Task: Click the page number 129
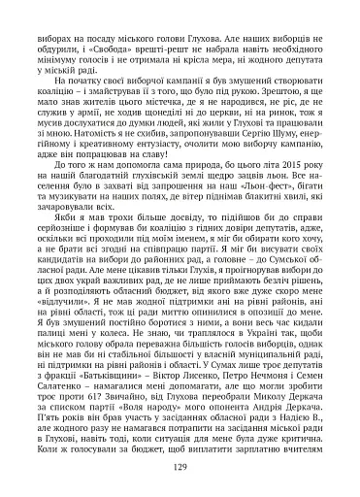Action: (180, 466)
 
